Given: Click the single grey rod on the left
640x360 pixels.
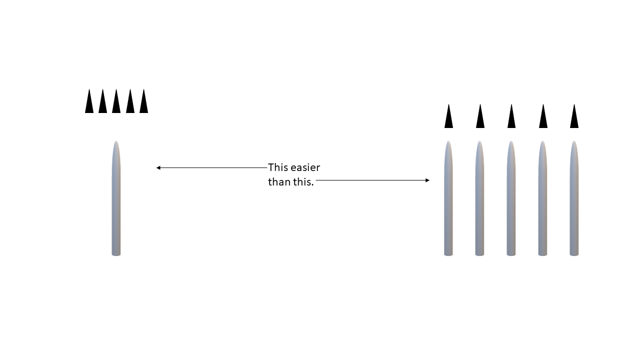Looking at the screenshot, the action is (x=116, y=200).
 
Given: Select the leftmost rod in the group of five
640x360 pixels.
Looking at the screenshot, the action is (x=448, y=200).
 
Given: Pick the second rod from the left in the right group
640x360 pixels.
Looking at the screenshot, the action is (x=479, y=200).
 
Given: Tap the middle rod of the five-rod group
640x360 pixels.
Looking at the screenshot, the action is (x=511, y=200).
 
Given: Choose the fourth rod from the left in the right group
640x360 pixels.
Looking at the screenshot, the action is (x=542, y=200).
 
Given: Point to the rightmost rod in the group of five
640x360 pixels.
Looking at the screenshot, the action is (x=574, y=200).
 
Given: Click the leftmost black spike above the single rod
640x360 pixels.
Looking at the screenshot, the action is (x=89, y=103).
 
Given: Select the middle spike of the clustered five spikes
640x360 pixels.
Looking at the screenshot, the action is (x=116, y=103).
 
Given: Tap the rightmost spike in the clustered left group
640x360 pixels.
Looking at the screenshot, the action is (x=143, y=103).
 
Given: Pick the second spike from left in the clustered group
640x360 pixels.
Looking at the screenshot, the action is (x=102, y=103).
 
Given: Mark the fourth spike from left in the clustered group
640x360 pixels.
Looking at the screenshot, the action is (x=130, y=103).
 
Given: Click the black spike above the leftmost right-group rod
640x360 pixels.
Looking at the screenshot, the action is (x=448, y=118).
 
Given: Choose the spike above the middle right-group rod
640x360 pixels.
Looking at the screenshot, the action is (x=511, y=118).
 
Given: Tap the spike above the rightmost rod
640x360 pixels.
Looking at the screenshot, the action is (x=574, y=118).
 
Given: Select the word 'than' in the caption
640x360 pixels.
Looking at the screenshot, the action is (x=278, y=182).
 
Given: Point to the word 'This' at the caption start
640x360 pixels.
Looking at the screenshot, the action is (x=278, y=167).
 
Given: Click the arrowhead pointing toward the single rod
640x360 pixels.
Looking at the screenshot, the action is (x=158, y=168).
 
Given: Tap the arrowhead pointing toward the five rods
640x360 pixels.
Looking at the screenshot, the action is (x=427, y=180).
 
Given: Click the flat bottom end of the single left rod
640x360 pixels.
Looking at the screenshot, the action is (x=116, y=254).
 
